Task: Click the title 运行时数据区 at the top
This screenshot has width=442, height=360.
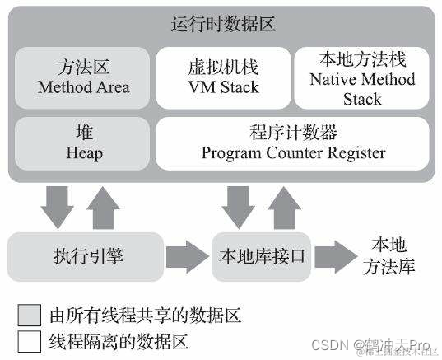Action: click(222, 24)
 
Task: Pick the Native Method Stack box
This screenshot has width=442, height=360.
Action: click(362, 79)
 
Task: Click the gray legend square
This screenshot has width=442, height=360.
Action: click(30, 315)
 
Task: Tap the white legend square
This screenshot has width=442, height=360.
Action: click(30, 339)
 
